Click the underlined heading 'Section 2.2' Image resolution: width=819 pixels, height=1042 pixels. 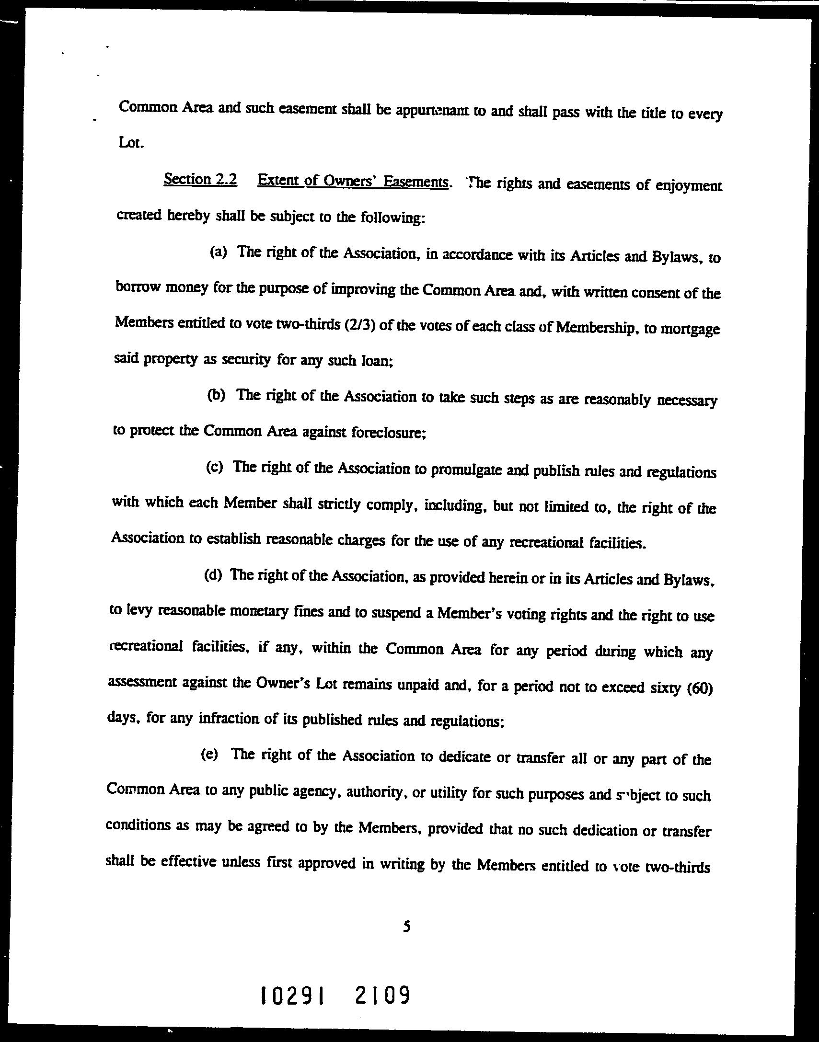200,180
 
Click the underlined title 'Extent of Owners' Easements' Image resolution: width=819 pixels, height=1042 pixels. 353,181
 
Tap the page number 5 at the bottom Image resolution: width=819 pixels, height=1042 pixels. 406,927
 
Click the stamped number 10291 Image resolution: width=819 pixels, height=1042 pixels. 292,994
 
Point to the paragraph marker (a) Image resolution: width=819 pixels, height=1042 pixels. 218,252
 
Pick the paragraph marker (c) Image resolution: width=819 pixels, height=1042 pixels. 215,467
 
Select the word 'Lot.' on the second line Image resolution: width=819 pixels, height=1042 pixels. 130,143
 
